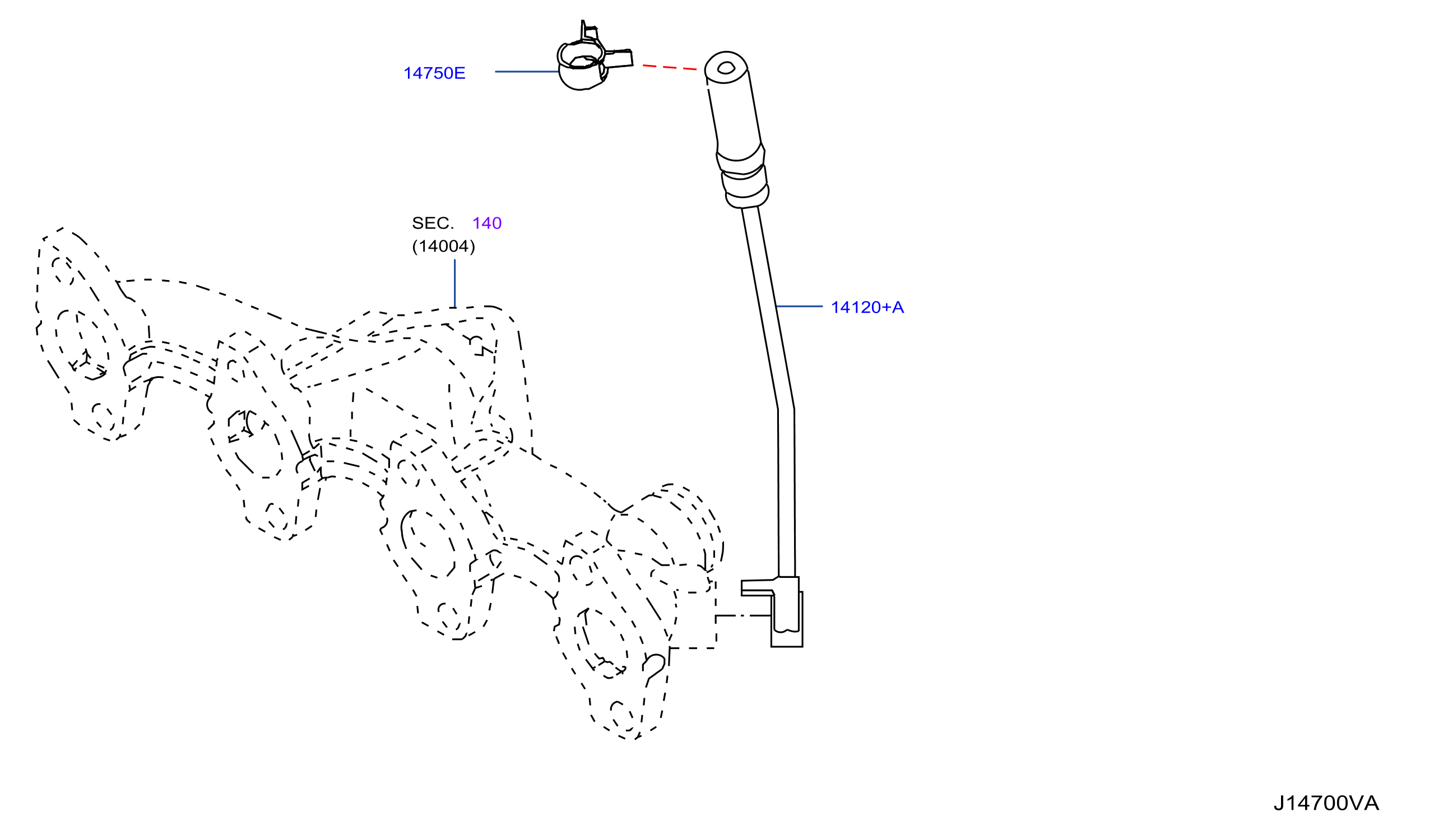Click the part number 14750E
click(434, 73)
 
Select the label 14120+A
click(867, 308)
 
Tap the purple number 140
click(487, 223)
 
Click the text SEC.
click(433, 223)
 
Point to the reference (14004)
click(443, 247)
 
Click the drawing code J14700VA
click(1326, 803)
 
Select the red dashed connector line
click(670, 68)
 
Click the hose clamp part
click(595, 57)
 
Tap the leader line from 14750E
click(527, 72)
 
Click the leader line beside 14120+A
click(800, 306)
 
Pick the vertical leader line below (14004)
click(454, 284)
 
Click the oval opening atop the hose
click(726, 68)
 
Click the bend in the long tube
click(786, 409)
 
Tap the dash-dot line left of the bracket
click(743, 616)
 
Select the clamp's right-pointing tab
click(619, 59)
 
